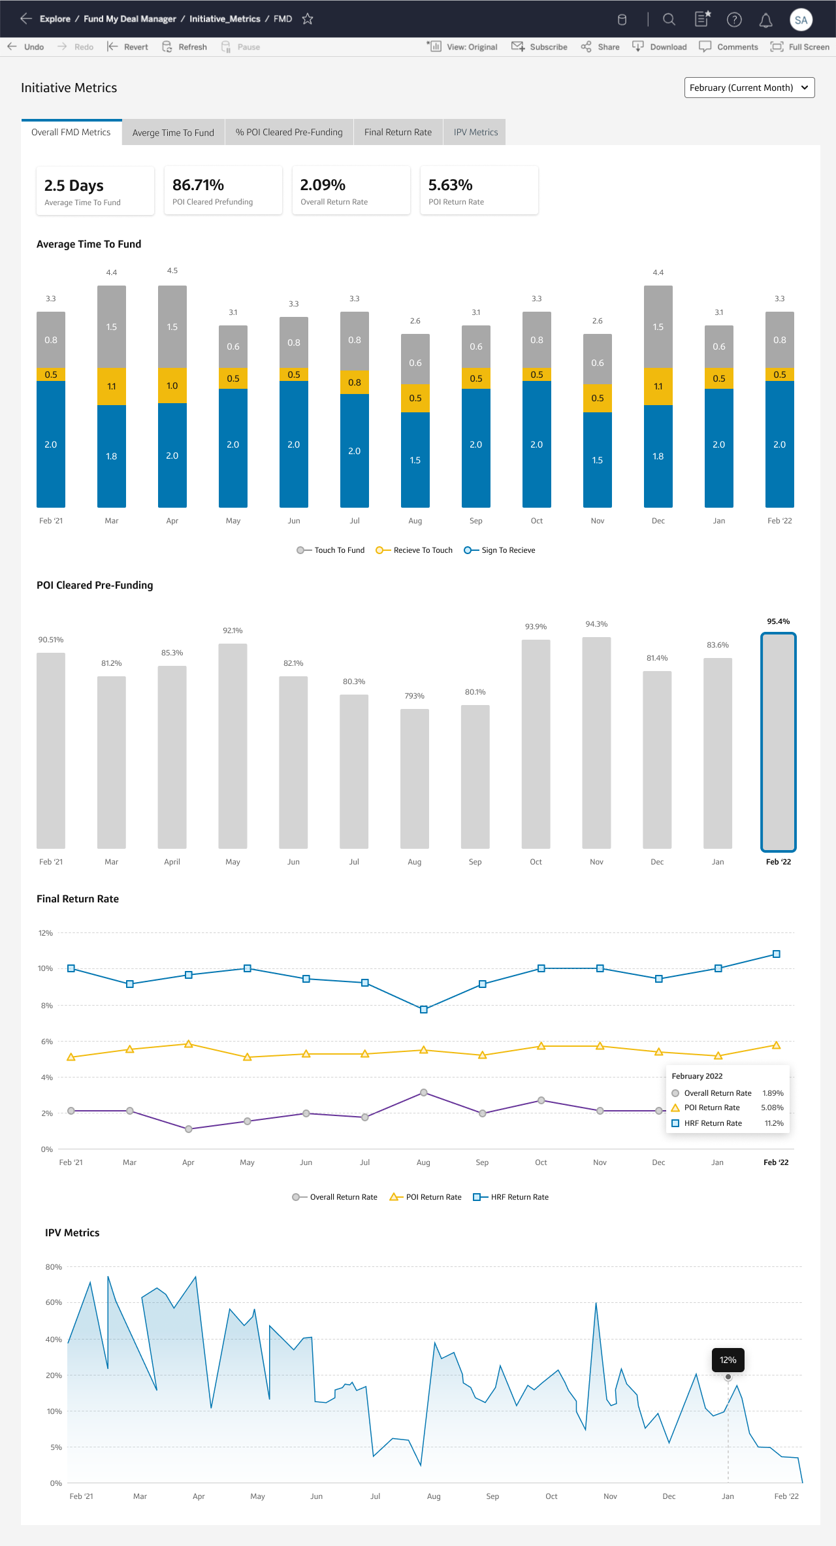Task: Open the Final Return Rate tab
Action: click(x=398, y=132)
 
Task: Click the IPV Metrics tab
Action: click(x=475, y=132)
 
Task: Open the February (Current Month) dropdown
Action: click(x=749, y=88)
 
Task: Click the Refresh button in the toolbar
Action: click(x=184, y=47)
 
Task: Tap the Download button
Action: click(x=660, y=47)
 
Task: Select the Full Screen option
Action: click(x=800, y=47)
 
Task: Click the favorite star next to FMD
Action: click(x=308, y=19)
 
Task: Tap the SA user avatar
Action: click(x=801, y=20)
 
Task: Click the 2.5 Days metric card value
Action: click(x=74, y=186)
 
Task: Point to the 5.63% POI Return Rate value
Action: click(x=450, y=185)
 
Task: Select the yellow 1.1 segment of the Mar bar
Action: click(x=112, y=386)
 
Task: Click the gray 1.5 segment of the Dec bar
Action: click(x=658, y=327)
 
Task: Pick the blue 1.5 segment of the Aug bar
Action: click(x=415, y=460)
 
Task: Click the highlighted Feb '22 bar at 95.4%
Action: click(x=779, y=742)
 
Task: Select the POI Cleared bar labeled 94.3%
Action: click(x=596, y=743)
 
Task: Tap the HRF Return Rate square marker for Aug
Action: click(x=424, y=1010)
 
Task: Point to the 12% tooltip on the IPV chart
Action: click(x=728, y=1360)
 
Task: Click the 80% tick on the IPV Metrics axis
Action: click(x=54, y=1267)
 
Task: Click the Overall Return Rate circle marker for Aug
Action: click(x=424, y=1093)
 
